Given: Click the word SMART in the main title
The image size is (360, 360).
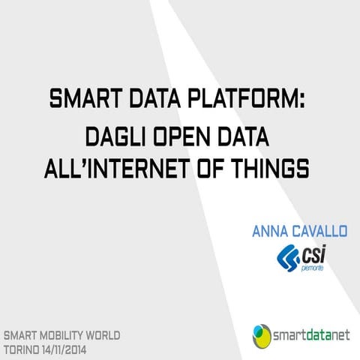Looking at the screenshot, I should [x=83, y=98].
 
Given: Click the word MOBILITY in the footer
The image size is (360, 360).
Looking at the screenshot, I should [x=67, y=334].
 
